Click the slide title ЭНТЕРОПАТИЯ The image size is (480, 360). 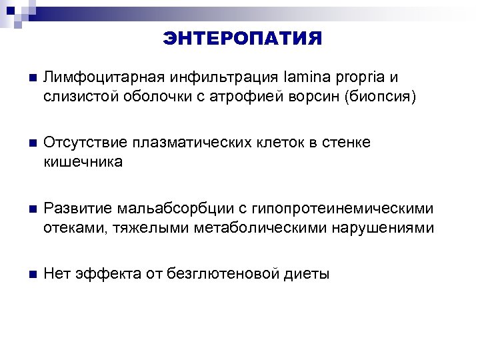pyautogui.click(x=242, y=39)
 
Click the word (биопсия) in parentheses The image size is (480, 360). pyautogui.click(x=379, y=97)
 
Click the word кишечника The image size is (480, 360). pyautogui.click(x=83, y=162)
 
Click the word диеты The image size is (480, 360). pyautogui.click(x=306, y=274)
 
